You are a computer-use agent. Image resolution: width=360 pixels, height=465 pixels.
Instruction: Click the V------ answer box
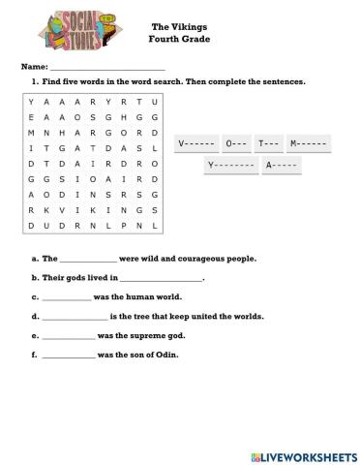[197, 144]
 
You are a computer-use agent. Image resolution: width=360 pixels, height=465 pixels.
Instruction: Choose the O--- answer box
[236, 144]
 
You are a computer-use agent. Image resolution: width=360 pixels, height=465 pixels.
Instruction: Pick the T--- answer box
[269, 144]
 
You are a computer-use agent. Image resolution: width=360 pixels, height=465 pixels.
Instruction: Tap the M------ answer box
[309, 144]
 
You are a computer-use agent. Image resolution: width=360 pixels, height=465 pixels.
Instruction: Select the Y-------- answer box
[232, 166]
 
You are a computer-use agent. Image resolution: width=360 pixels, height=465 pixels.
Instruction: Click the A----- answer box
[282, 166]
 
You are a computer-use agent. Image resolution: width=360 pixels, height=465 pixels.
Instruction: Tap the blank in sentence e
[70, 335]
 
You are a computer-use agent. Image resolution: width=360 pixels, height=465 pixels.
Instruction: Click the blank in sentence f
[70, 355]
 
